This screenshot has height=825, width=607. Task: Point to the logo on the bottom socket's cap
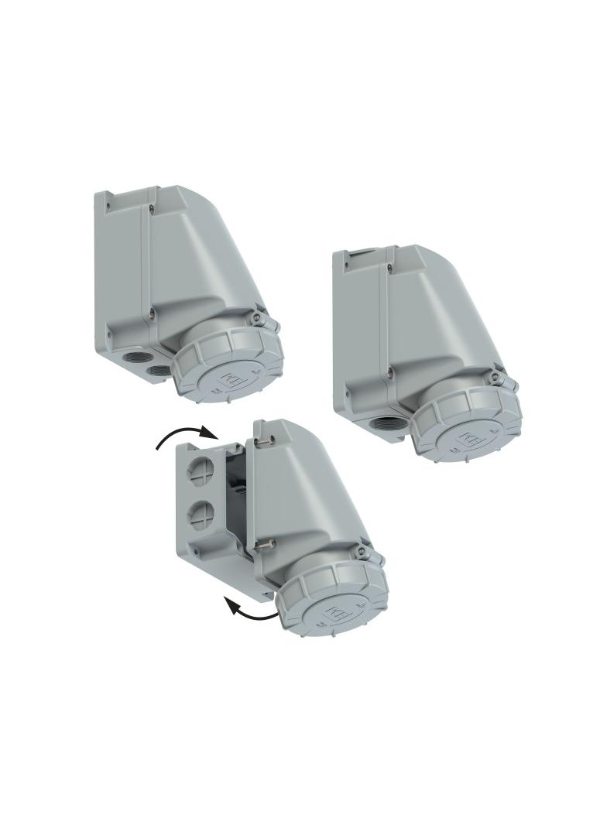tap(338, 614)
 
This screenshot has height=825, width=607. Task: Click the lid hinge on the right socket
tap(496, 379)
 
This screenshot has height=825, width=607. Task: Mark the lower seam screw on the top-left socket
tap(152, 313)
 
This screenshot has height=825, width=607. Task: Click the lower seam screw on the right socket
tap(390, 373)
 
